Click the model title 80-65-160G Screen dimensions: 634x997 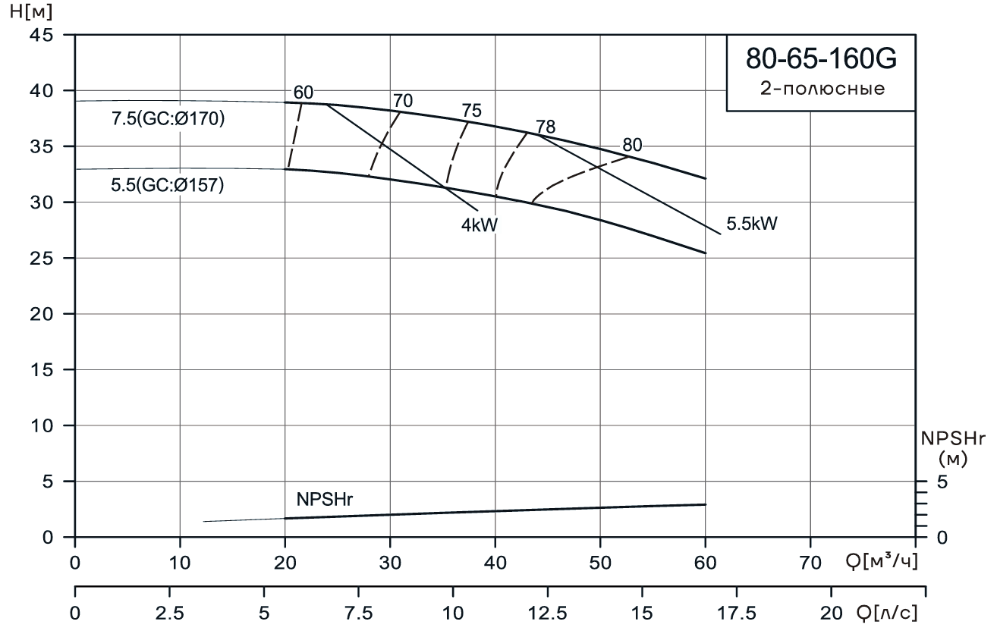coord(820,58)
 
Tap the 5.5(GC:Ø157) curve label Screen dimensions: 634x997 coord(168,184)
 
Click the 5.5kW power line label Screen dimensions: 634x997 coord(753,224)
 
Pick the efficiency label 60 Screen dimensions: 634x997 coord(304,93)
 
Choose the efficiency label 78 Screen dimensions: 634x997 coord(546,127)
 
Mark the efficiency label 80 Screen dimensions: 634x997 coord(633,145)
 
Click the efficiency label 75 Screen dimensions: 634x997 coord(472,111)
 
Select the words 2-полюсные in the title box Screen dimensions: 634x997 coord(822,88)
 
